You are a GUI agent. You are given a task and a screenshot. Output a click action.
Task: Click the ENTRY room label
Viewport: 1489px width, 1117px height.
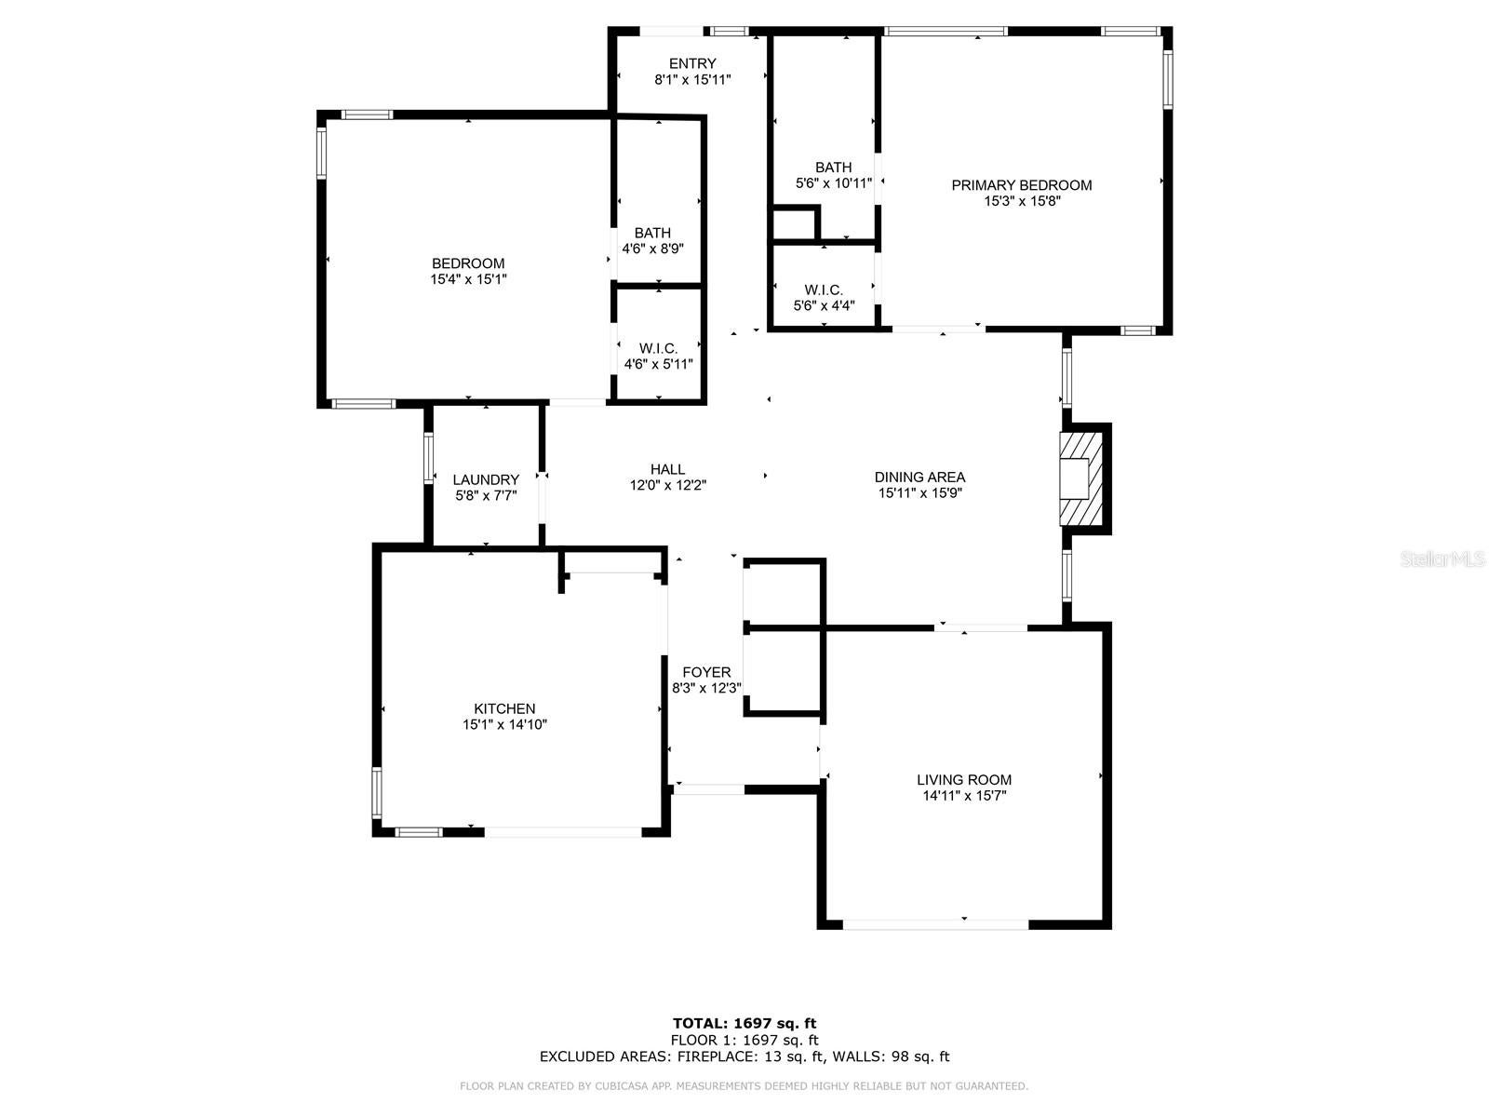(x=692, y=63)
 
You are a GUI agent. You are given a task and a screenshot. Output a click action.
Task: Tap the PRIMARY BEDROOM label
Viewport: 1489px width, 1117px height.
(x=1021, y=185)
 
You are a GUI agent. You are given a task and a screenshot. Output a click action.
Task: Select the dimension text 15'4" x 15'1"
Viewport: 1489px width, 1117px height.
(x=468, y=279)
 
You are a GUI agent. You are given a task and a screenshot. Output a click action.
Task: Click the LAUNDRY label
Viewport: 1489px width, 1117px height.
(x=486, y=479)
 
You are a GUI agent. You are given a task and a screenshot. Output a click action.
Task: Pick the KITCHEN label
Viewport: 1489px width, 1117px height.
(x=504, y=708)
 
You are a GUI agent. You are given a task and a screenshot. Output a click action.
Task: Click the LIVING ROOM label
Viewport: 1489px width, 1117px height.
(x=964, y=780)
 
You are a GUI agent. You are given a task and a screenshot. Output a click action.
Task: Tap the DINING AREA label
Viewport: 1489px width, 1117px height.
(x=919, y=477)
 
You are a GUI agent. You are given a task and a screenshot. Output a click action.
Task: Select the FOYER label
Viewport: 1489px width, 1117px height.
(x=706, y=672)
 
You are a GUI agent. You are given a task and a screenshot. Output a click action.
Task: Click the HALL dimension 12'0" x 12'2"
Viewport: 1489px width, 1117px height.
(x=667, y=485)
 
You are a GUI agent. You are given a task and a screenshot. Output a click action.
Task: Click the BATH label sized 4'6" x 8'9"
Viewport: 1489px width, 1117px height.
(x=652, y=233)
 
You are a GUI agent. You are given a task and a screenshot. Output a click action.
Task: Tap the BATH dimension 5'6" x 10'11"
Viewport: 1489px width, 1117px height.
(x=834, y=183)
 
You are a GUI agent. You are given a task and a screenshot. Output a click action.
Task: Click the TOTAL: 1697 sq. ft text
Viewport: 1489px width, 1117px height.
(x=744, y=1024)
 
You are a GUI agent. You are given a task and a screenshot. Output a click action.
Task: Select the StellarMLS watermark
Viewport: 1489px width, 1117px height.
(x=1443, y=559)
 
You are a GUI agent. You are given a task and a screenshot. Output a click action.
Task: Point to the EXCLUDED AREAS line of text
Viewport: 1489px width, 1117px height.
(x=744, y=1056)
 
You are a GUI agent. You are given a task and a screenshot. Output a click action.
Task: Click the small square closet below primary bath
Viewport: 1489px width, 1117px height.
(x=794, y=224)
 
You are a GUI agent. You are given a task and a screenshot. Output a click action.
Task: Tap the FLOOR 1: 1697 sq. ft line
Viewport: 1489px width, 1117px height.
(x=744, y=1040)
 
